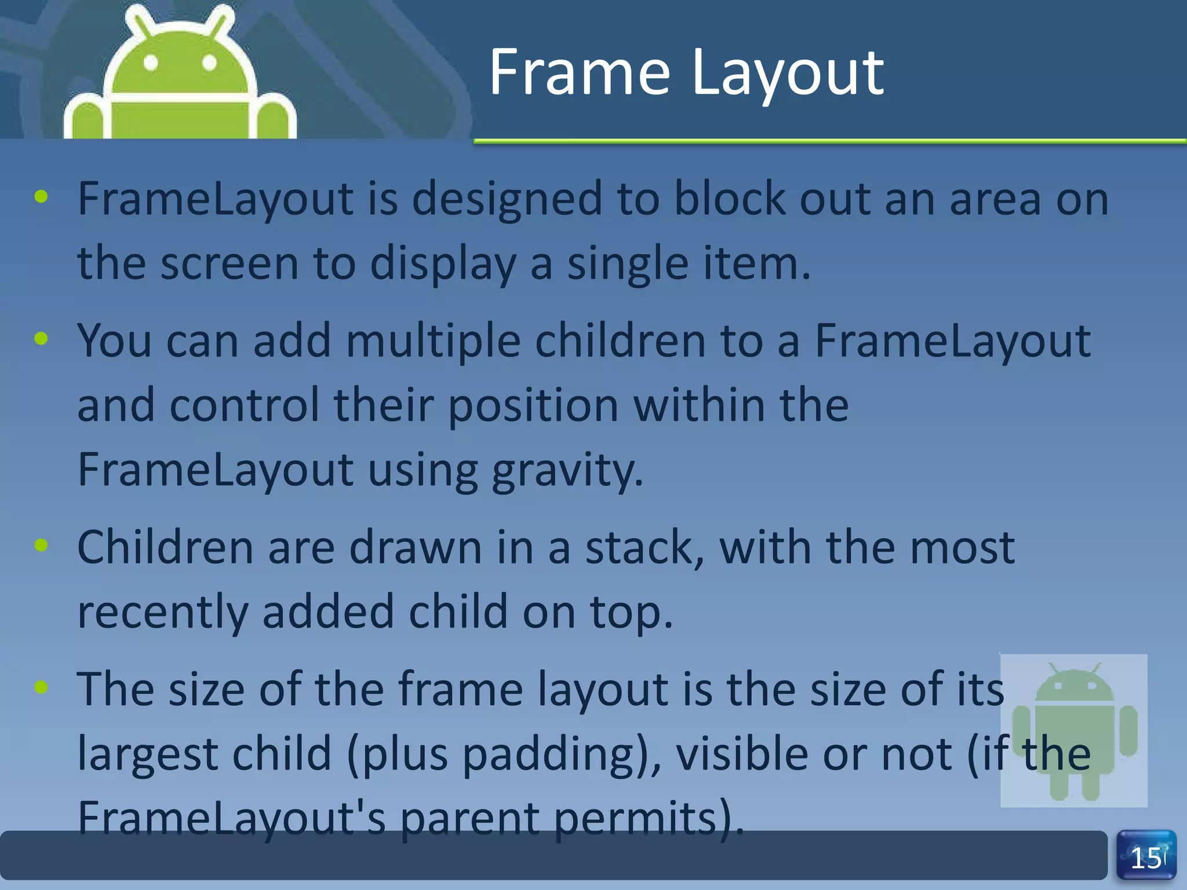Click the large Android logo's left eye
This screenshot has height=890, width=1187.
click(x=151, y=63)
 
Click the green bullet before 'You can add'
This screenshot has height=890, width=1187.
click(x=41, y=338)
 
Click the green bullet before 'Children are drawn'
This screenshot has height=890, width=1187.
click(x=41, y=545)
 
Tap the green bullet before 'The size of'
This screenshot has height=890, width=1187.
click(x=41, y=687)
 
